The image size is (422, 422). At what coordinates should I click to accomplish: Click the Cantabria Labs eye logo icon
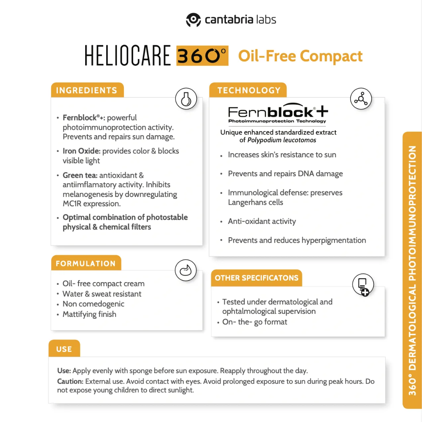pyautogui.click(x=193, y=20)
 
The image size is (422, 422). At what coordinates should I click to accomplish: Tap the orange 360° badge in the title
pyautogui.click(x=202, y=56)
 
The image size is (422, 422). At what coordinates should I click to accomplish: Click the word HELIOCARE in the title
pyautogui.click(x=128, y=56)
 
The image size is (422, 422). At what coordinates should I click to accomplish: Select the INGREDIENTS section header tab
pyautogui.click(x=87, y=90)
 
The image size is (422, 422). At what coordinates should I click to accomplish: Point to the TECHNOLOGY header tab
pyautogui.click(x=249, y=90)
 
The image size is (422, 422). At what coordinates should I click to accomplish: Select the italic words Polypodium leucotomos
pyautogui.click(x=282, y=140)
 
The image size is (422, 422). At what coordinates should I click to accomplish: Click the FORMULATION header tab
pyautogui.click(x=86, y=263)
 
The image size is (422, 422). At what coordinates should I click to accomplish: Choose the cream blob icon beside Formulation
pyautogui.click(x=186, y=270)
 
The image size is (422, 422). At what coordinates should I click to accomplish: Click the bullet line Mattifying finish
pyautogui.click(x=89, y=314)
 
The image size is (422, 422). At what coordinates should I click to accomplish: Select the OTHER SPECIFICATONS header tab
pyautogui.click(x=256, y=278)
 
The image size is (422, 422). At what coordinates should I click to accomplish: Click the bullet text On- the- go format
pyautogui.click(x=254, y=322)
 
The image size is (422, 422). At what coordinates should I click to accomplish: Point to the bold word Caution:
pyautogui.click(x=70, y=381)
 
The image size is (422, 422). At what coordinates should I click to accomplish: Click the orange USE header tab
pyautogui.click(x=64, y=349)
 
